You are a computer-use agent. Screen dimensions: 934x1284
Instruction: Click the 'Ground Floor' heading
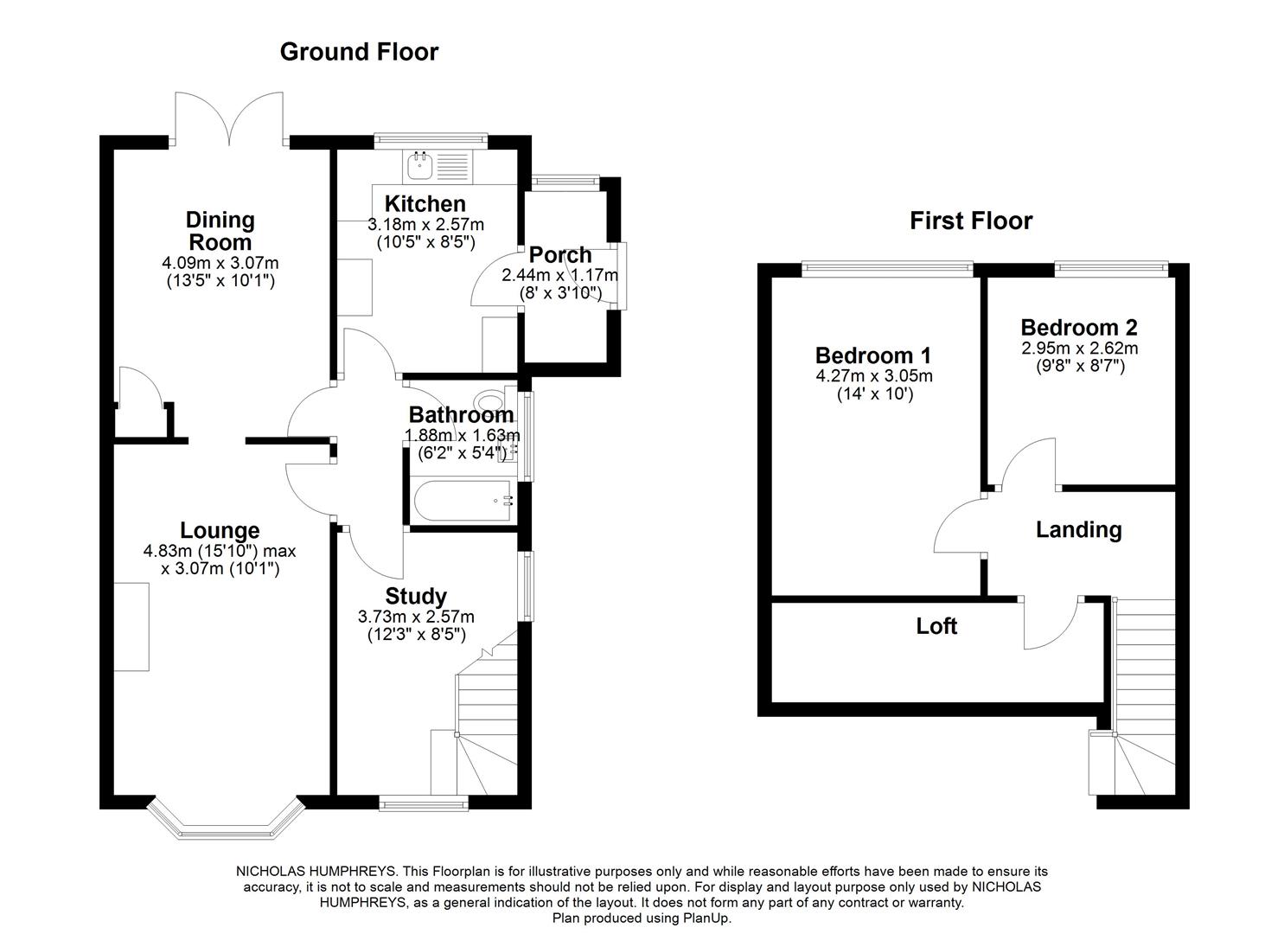(359, 52)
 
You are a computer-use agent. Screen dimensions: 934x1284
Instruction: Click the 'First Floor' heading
(970, 221)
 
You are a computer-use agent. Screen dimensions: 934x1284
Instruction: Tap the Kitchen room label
(425, 204)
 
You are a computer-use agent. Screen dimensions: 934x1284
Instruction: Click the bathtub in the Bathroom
(462, 501)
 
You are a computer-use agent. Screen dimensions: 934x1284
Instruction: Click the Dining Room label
(220, 231)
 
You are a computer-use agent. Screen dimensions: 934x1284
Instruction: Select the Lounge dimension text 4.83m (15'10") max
(220, 551)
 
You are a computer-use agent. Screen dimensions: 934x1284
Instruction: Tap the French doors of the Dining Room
(229, 118)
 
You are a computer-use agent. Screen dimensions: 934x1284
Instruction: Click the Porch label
(560, 255)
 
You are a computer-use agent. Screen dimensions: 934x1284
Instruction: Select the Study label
(416, 597)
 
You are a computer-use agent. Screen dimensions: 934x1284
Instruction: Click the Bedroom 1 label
(873, 355)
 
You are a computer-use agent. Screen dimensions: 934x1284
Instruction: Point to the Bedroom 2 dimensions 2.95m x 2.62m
(1079, 349)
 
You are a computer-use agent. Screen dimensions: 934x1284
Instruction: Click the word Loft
(936, 626)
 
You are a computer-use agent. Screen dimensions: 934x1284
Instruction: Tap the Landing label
(1078, 530)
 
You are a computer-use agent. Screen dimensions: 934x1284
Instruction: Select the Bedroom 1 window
(887, 270)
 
